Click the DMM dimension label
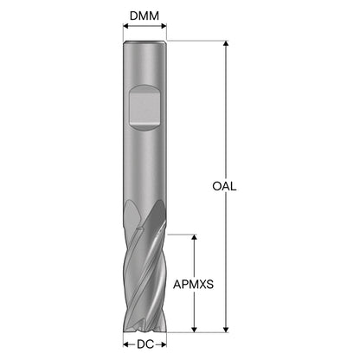tap(145, 16)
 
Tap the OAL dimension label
tap(224, 186)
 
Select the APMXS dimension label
tap(193, 285)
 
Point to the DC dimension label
tap(145, 344)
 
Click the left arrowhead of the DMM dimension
tap(125, 26)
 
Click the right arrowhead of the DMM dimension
tap(164, 26)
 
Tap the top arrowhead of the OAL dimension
tap(226, 43)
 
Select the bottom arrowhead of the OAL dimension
tap(226, 330)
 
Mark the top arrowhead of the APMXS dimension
tap(194, 237)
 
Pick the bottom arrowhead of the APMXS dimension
tap(194, 330)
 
